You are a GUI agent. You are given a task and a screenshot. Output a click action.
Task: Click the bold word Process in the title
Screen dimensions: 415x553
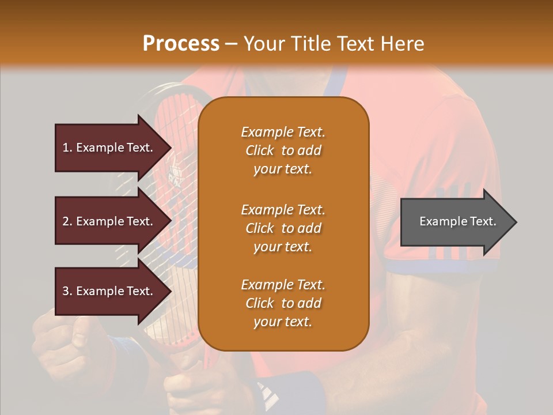[x=181, y=44]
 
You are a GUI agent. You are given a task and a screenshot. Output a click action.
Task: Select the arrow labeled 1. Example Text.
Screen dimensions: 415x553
[x=109, y=148]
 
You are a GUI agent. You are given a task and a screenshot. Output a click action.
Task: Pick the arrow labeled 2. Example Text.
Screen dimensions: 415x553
[x=109, y=221]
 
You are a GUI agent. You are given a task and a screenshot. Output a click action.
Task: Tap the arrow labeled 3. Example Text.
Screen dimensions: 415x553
[x=109, y=291]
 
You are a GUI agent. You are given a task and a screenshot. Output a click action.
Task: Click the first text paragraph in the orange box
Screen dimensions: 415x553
[x=283, y=150]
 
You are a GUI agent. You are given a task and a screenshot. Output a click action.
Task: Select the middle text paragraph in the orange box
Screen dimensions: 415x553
[x=283, y=228]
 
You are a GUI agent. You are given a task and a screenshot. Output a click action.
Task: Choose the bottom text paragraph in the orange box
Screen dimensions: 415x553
[x=283, y=303]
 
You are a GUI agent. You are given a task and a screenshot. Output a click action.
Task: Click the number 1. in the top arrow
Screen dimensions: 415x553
[x=67, y=148]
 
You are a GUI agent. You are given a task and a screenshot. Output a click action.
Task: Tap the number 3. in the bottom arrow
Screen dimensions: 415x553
[x=67, y=291]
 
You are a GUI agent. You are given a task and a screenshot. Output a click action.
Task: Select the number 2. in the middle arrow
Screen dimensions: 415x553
[x=67, y=221]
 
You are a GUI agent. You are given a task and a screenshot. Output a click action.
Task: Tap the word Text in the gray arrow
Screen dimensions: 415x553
[x=484, y=221]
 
